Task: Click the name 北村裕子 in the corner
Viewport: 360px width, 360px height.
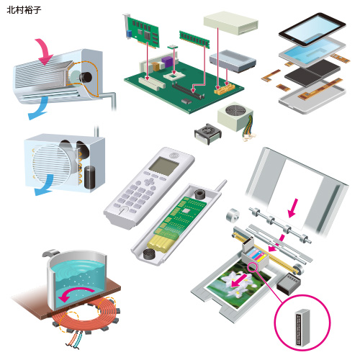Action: [x=24, y=10]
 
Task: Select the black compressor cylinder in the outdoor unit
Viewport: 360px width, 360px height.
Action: [x=89, y=177]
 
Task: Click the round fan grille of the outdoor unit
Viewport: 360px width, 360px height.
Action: [x=52, y=166]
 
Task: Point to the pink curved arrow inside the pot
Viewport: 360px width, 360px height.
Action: [x=74, y=294]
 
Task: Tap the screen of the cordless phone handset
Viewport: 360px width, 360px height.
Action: [x=163, y=166]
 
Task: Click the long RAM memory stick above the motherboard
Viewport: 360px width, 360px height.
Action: [x=194, y=40]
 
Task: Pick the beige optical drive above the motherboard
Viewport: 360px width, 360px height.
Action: [x=231, y=23]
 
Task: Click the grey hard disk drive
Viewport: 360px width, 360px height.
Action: [x=233, y=61]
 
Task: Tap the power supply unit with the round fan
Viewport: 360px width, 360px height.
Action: [x=235, y=117]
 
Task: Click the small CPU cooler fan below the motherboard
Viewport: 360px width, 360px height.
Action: [x=208, y=134]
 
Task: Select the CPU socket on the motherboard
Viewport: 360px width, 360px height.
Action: [x=174, y=76]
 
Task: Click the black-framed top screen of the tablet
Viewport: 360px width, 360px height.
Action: [x=312, y=30]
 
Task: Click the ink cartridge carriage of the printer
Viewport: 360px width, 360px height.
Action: [x=255, y=256]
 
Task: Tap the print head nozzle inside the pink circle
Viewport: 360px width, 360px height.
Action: [x=302, y=328]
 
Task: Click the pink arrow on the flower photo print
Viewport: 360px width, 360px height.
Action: [x=239, y=280]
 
